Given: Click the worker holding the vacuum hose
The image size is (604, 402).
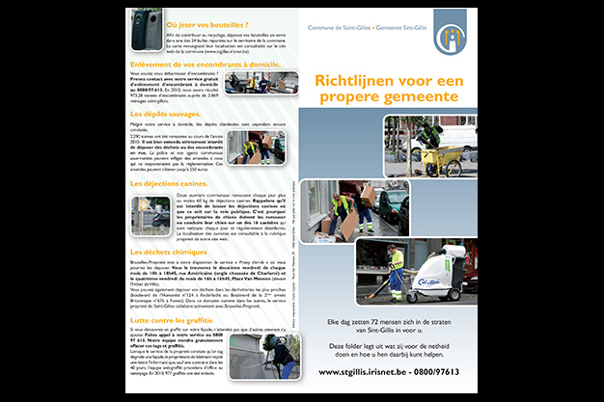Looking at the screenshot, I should [396, 268].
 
